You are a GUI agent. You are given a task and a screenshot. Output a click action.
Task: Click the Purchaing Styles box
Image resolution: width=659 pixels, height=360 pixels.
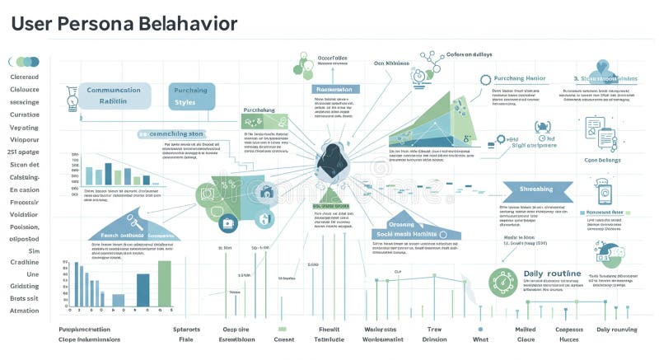point(192,96)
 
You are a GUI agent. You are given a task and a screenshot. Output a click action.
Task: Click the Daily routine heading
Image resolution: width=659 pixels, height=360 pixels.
point(552,274)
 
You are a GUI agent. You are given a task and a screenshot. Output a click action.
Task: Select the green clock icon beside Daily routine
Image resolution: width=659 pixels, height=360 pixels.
point(502,282)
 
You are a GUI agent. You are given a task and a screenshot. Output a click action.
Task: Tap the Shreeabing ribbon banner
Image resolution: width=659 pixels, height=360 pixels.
point(536,190)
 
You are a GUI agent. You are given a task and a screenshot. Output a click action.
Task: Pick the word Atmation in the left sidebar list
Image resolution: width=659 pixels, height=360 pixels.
point(24,311)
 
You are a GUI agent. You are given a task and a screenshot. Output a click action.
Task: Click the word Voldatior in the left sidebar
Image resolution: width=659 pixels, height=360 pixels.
point(25,213)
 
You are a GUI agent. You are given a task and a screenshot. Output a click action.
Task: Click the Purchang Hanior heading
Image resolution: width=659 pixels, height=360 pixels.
point(519,78)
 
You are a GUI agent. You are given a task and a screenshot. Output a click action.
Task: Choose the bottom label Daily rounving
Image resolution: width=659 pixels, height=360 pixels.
point(616,330)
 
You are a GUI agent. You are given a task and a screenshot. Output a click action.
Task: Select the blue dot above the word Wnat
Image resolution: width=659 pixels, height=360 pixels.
point(481,312)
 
